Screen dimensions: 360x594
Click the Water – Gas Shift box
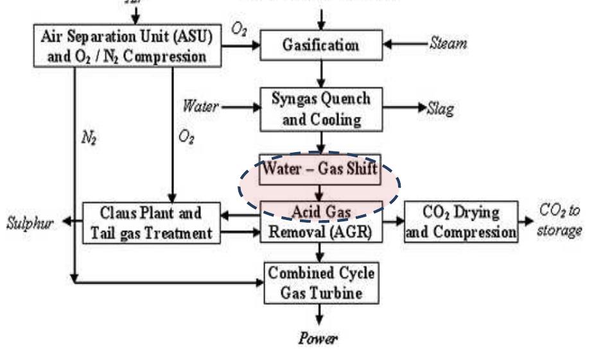pyautogui.click(x=320, y=171)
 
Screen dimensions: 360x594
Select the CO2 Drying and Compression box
pyautogui.click(x=461, y=222)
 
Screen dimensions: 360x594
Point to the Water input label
pyautogui.click(x=198, y=107)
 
